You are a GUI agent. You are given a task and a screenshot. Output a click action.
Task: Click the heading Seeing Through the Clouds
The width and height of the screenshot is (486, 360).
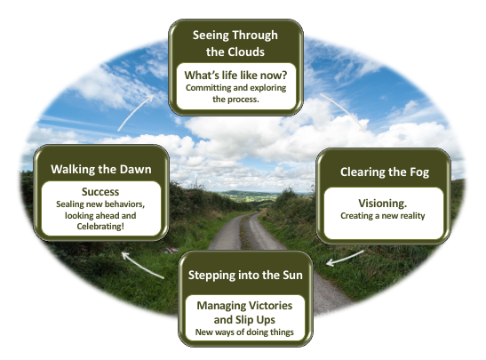(235, 44)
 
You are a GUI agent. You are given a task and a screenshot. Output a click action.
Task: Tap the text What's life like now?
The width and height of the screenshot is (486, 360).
(235, 75)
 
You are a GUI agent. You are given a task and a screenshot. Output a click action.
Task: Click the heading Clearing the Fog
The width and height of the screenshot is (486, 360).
(385, 172)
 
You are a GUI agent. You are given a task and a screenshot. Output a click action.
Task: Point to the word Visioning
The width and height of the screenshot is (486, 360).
(382, 204)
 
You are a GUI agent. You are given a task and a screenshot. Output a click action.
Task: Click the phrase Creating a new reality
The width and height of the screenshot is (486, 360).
(382, 216)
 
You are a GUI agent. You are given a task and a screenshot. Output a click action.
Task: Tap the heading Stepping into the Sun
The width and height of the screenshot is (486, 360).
(245, 276)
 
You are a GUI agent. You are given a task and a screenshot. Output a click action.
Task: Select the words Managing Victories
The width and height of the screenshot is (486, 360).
(244, 306)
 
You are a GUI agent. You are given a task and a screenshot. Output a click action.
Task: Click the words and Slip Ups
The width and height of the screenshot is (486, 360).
(244, 320)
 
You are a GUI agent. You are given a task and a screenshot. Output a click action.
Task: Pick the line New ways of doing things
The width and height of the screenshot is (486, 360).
(244, 332)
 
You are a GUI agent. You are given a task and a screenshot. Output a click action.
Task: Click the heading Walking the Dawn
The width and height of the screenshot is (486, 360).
(101, 170)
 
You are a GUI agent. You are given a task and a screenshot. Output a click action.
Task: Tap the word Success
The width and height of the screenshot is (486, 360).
(100, 192)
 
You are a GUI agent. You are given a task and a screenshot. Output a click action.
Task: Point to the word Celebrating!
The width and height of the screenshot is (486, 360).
(100, 227)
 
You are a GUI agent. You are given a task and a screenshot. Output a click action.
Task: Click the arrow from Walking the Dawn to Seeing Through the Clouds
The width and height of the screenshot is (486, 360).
(134, 112)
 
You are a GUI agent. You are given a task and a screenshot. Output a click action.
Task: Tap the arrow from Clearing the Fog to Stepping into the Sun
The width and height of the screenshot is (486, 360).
(345, 259)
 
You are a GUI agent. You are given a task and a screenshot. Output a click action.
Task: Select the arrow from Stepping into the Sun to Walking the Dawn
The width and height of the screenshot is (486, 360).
(141, 265)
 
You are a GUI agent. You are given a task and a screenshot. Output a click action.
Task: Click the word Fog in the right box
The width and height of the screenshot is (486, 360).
(419, 172)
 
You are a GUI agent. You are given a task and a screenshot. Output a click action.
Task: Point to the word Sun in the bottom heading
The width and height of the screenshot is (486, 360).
(292, 276)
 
